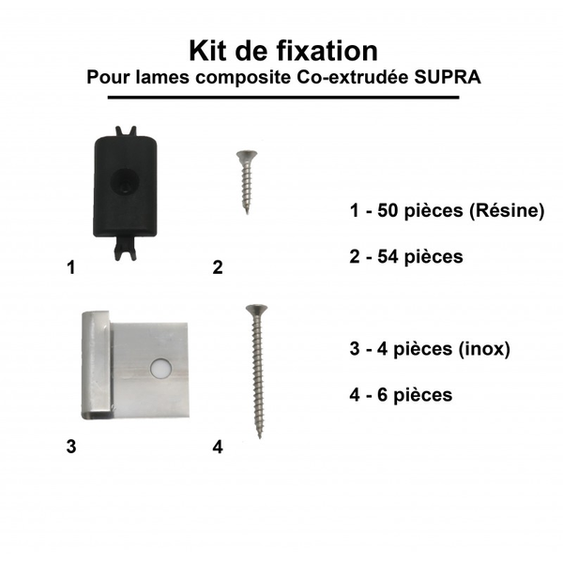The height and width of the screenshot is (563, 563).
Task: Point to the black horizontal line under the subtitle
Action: [x=282, y=97]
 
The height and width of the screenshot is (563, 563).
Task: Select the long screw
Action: [x=253, y=370]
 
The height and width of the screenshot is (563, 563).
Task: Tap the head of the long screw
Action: [x=253, y=310]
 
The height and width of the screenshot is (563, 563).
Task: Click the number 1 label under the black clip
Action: [x=71, y=267]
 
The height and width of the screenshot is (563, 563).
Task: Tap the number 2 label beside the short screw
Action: [x=217, y=267]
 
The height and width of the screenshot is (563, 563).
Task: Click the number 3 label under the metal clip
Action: [x=71, y=447]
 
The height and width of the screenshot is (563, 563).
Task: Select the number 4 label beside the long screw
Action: [x=217, y=447]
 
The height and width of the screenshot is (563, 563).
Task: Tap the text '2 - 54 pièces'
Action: [x=404, y=255]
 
